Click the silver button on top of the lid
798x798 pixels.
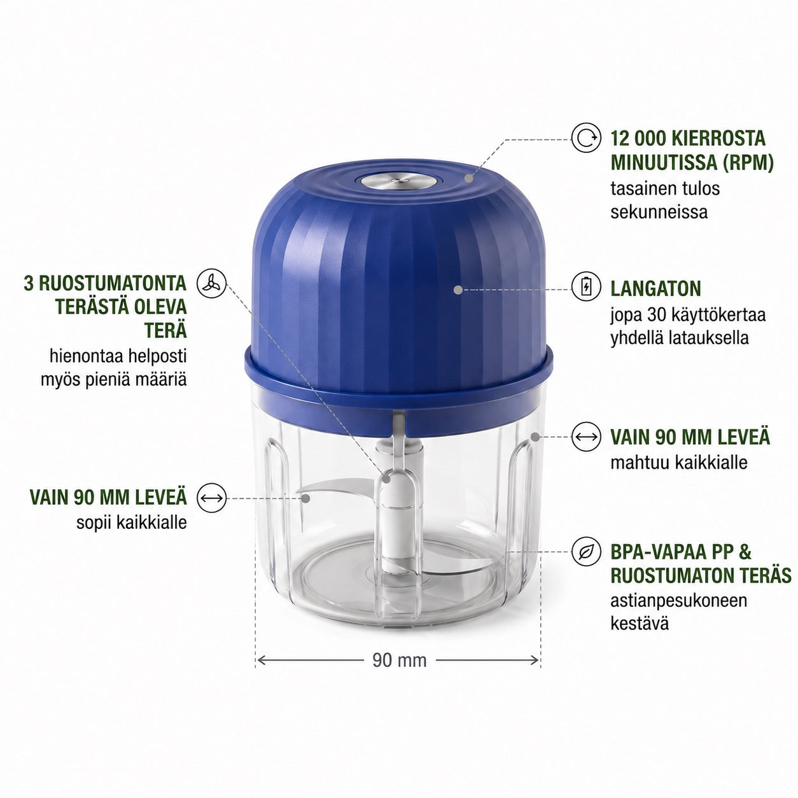(x=399, y=181)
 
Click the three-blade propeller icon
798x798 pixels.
(x=212, y=283)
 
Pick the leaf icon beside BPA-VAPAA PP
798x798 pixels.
(x=586, y=552)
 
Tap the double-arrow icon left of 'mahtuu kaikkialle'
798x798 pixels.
(x=586, y=437)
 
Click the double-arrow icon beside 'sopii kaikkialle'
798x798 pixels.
(x=212, y=498)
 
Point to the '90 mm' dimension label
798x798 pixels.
(x=399, y=660)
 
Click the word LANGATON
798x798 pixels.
(x=655, y=288)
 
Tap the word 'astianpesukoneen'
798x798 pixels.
(x=679, y=601)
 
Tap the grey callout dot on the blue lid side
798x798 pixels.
(x=457, y=290)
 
